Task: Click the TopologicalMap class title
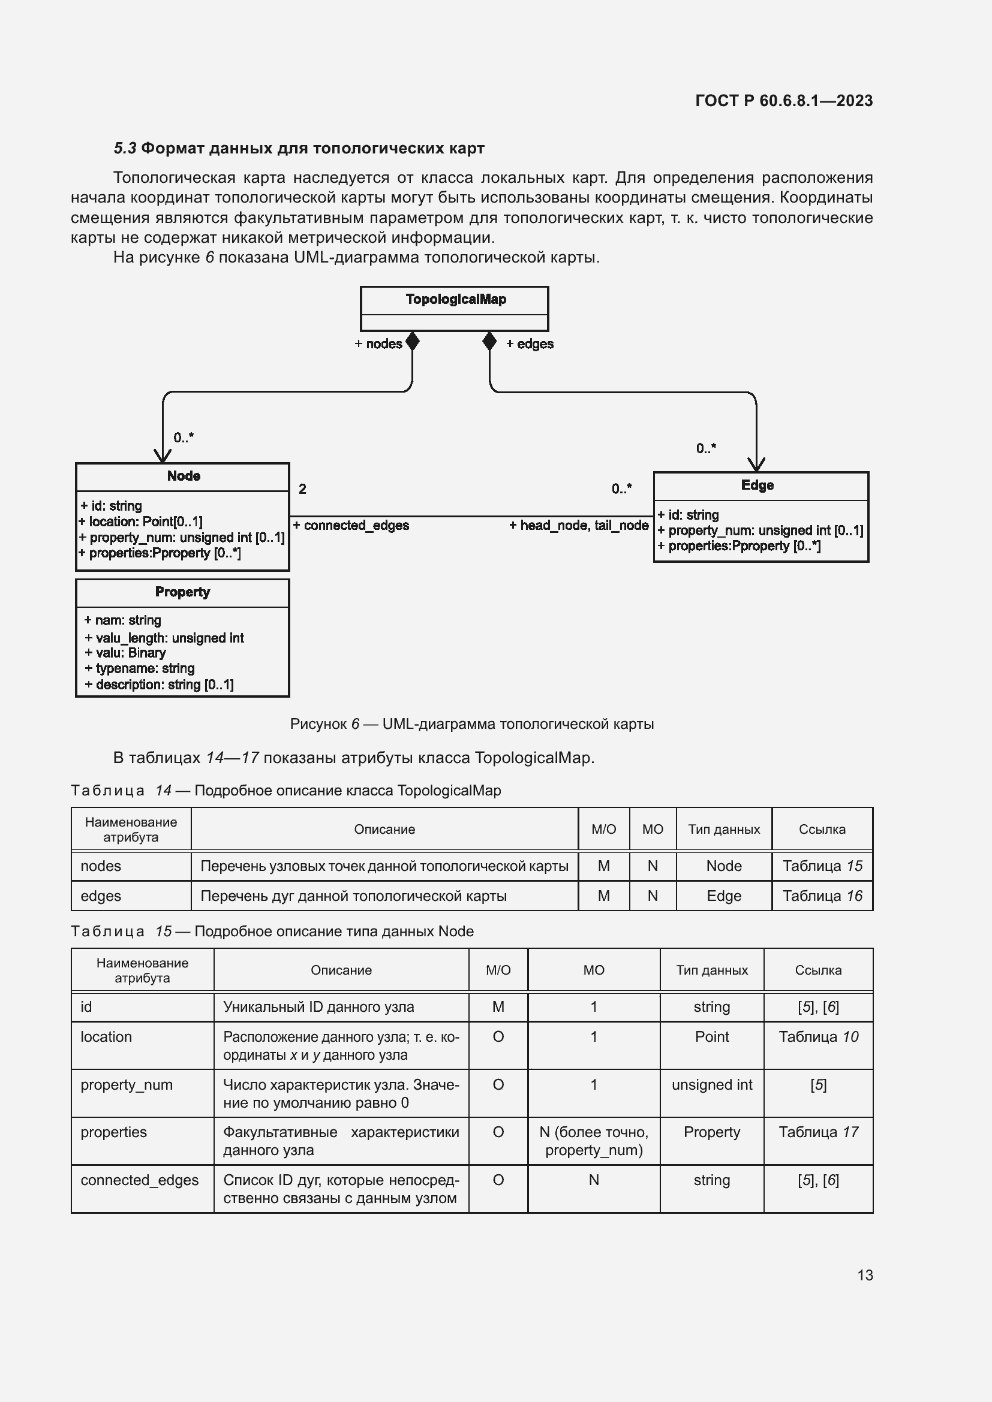point(456,299)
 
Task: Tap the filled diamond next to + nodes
point(412,341)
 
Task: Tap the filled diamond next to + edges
point(489,341)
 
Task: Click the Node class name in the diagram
point(184,476)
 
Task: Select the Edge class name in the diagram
point(757,485)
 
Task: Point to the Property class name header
point(182,592)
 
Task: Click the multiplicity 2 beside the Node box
point(302,489)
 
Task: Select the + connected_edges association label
point(351,525)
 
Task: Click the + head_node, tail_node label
point(578,525)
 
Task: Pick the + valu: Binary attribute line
point(125,653)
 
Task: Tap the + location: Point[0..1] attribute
point(140,521)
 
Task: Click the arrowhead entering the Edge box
point(756,465)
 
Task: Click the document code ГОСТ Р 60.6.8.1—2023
point(784,101)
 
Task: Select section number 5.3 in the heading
point(125,149)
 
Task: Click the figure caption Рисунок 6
point(471,723)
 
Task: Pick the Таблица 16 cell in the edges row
point(822,896)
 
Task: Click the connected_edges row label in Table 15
point(139,1180)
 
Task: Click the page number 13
point(864,1275)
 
